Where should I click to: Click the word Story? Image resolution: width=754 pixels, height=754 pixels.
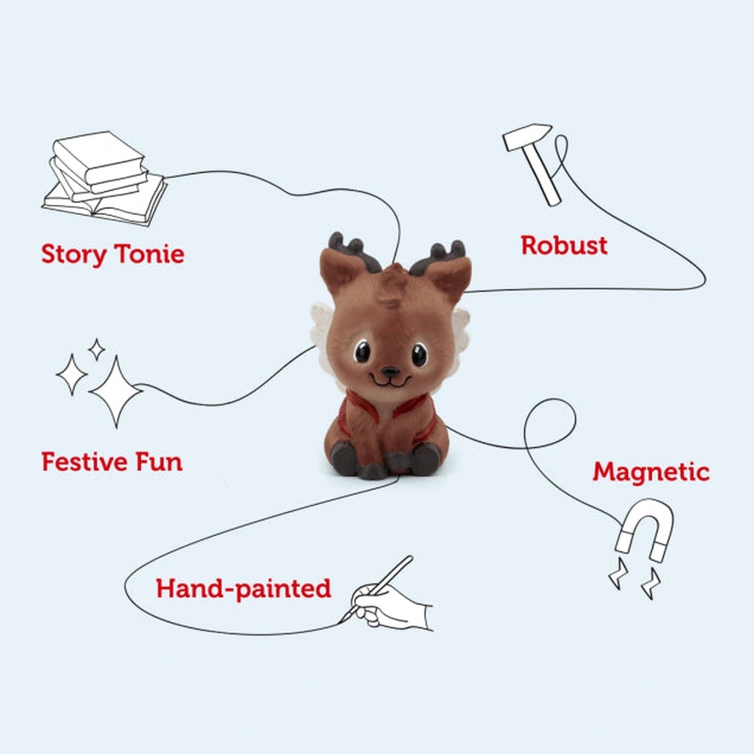(x=74, y=254)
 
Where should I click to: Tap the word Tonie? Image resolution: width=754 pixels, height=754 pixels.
(x=149, y=253)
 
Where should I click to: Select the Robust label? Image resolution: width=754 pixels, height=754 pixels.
(x=564, y=245)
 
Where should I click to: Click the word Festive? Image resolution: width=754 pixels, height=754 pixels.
(x=84, y=461)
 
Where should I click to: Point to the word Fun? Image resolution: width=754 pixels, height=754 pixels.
(x=159, y=461)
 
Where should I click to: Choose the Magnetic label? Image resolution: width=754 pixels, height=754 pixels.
(x=651, y=471)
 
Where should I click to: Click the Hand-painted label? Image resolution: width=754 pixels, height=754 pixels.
(x=244, y=589)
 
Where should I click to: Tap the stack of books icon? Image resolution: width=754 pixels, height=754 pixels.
(x=104, y=178)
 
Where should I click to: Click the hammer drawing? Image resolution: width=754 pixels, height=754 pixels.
(x=533, y=164)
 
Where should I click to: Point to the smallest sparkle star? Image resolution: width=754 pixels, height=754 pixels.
(x=97, y=350)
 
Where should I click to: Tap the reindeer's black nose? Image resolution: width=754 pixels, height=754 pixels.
(x=390, y=372)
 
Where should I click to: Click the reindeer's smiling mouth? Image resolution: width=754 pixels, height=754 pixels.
(x=391, y=382)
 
